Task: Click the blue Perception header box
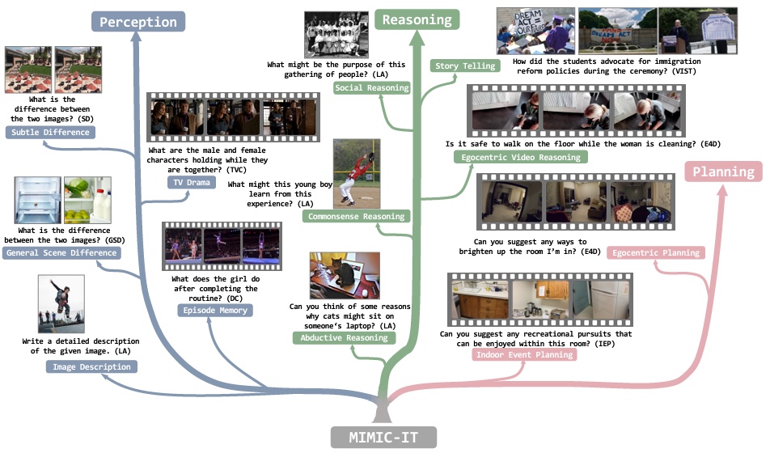pyautogui.click(x=137, y=22)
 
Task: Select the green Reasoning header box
pyautogui.click(x=417, y=19)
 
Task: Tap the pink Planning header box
pyautogui.click(x=722, y=171)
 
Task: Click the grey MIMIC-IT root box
pyautogui.click(x=385, y=438)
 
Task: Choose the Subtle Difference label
pyautogui.click(x=50, y=132)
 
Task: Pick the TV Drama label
pyautogui.click(x=192, y=183)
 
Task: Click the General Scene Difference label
pyautogui.click(x=61, y=253)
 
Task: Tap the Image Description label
pyautogui.click(x=91, y=366)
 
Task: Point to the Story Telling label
pyautogui.click(x=465, y=66)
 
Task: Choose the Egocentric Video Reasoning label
pyautogui.click(x=519, y=157)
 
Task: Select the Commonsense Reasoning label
pyautogui.click(x=357, y=216)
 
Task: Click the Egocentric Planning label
pyautogui.click(x=655, y=253)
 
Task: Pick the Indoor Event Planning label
pyautogui.click(x=525, y=354)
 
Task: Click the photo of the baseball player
pyautogui.click(x=357, y=174)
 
